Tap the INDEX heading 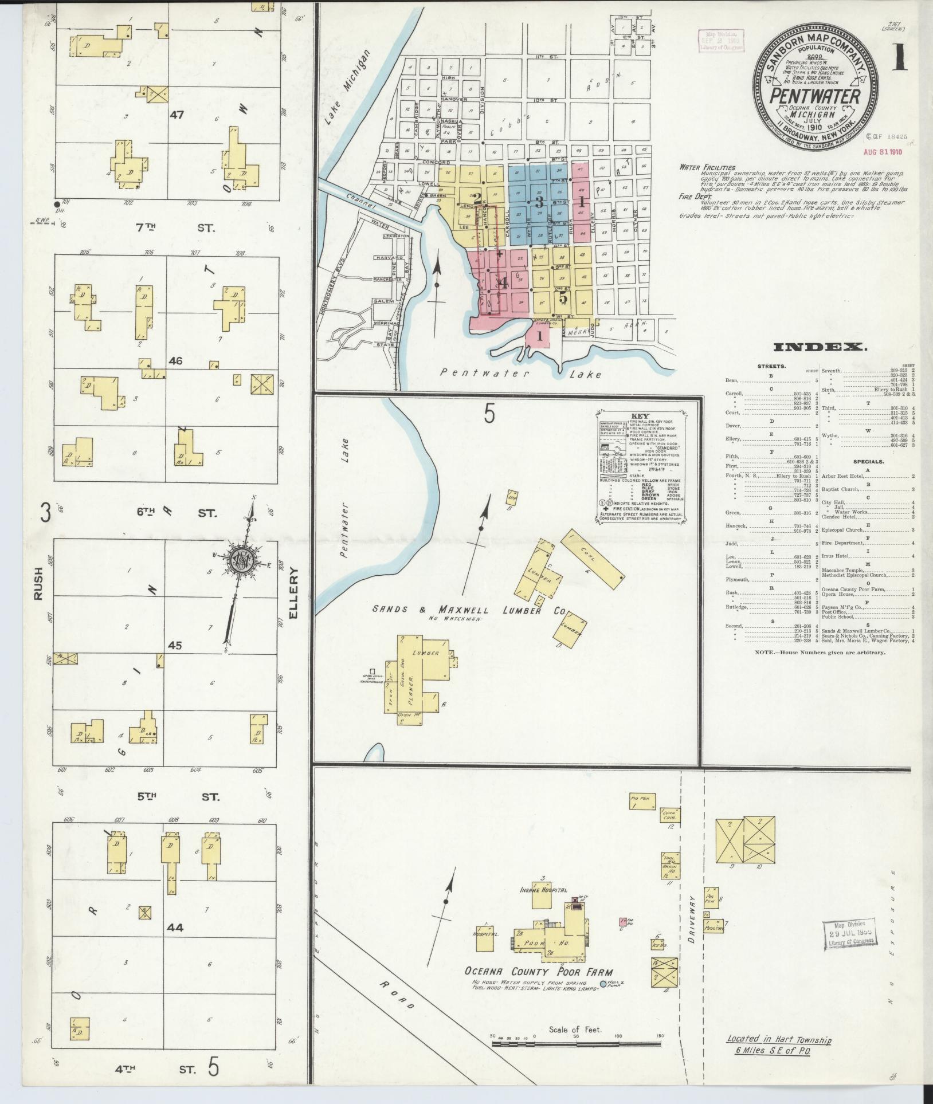click(x=820, y=347)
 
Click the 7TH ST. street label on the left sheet click(x=166, y=227)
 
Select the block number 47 click(x=176, y=115)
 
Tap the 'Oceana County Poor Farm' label click(x=539, y=972)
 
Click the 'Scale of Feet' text click(x=575, y=1030)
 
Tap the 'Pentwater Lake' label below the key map click(x=521, y=374)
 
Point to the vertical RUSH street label click(x=38, y=583)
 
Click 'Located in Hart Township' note click(x=779, y=1040)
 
